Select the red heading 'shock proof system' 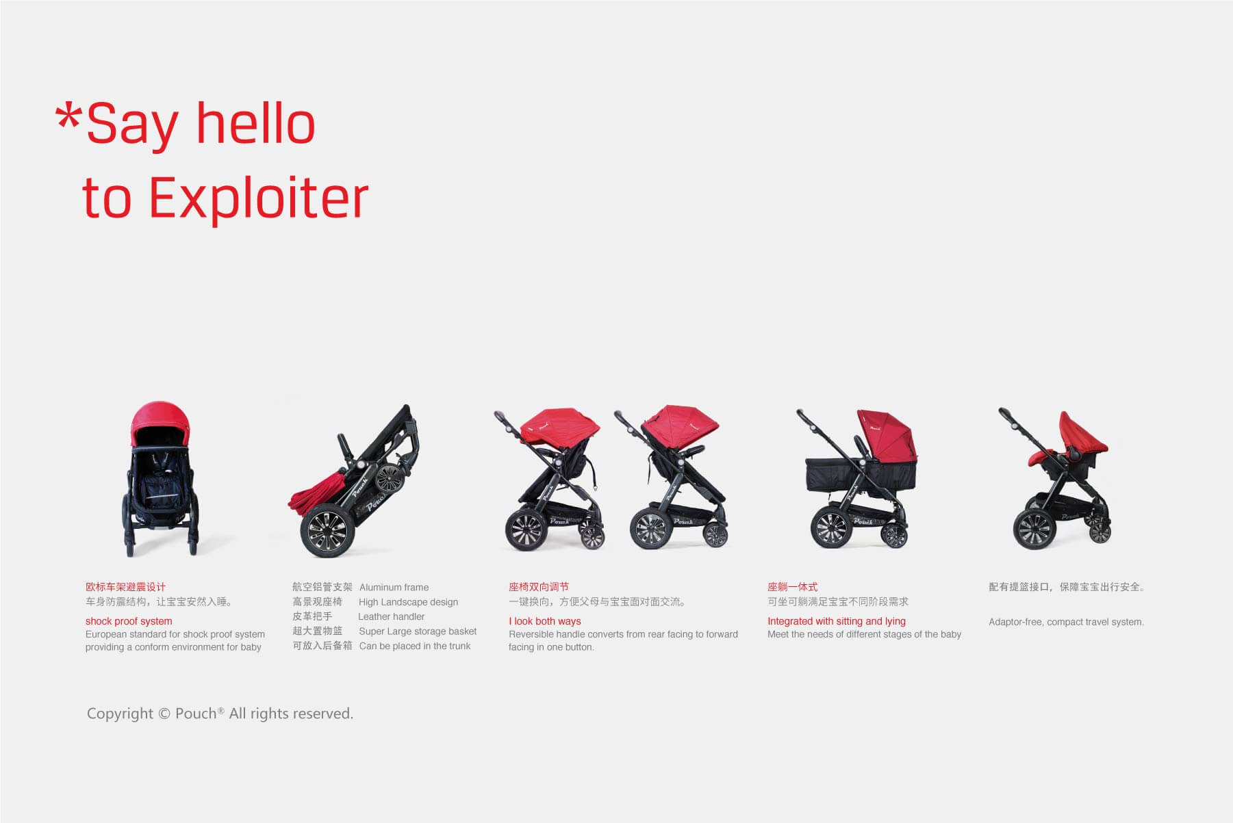tap(129, 621)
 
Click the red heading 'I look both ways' tap(544, 621)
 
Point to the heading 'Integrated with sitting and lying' tap(837, 621)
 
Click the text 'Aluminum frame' tap(394, 587)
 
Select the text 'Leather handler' tap(391, 616)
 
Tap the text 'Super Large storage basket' tap(418, 631)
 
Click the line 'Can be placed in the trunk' tap(415, 646)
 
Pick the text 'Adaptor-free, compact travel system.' tap(1066, 622)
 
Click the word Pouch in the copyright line tap(196, 714)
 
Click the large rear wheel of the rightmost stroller tap(1034, 528)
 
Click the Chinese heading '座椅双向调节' tap(539, 587)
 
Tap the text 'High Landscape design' tap(408, 602)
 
